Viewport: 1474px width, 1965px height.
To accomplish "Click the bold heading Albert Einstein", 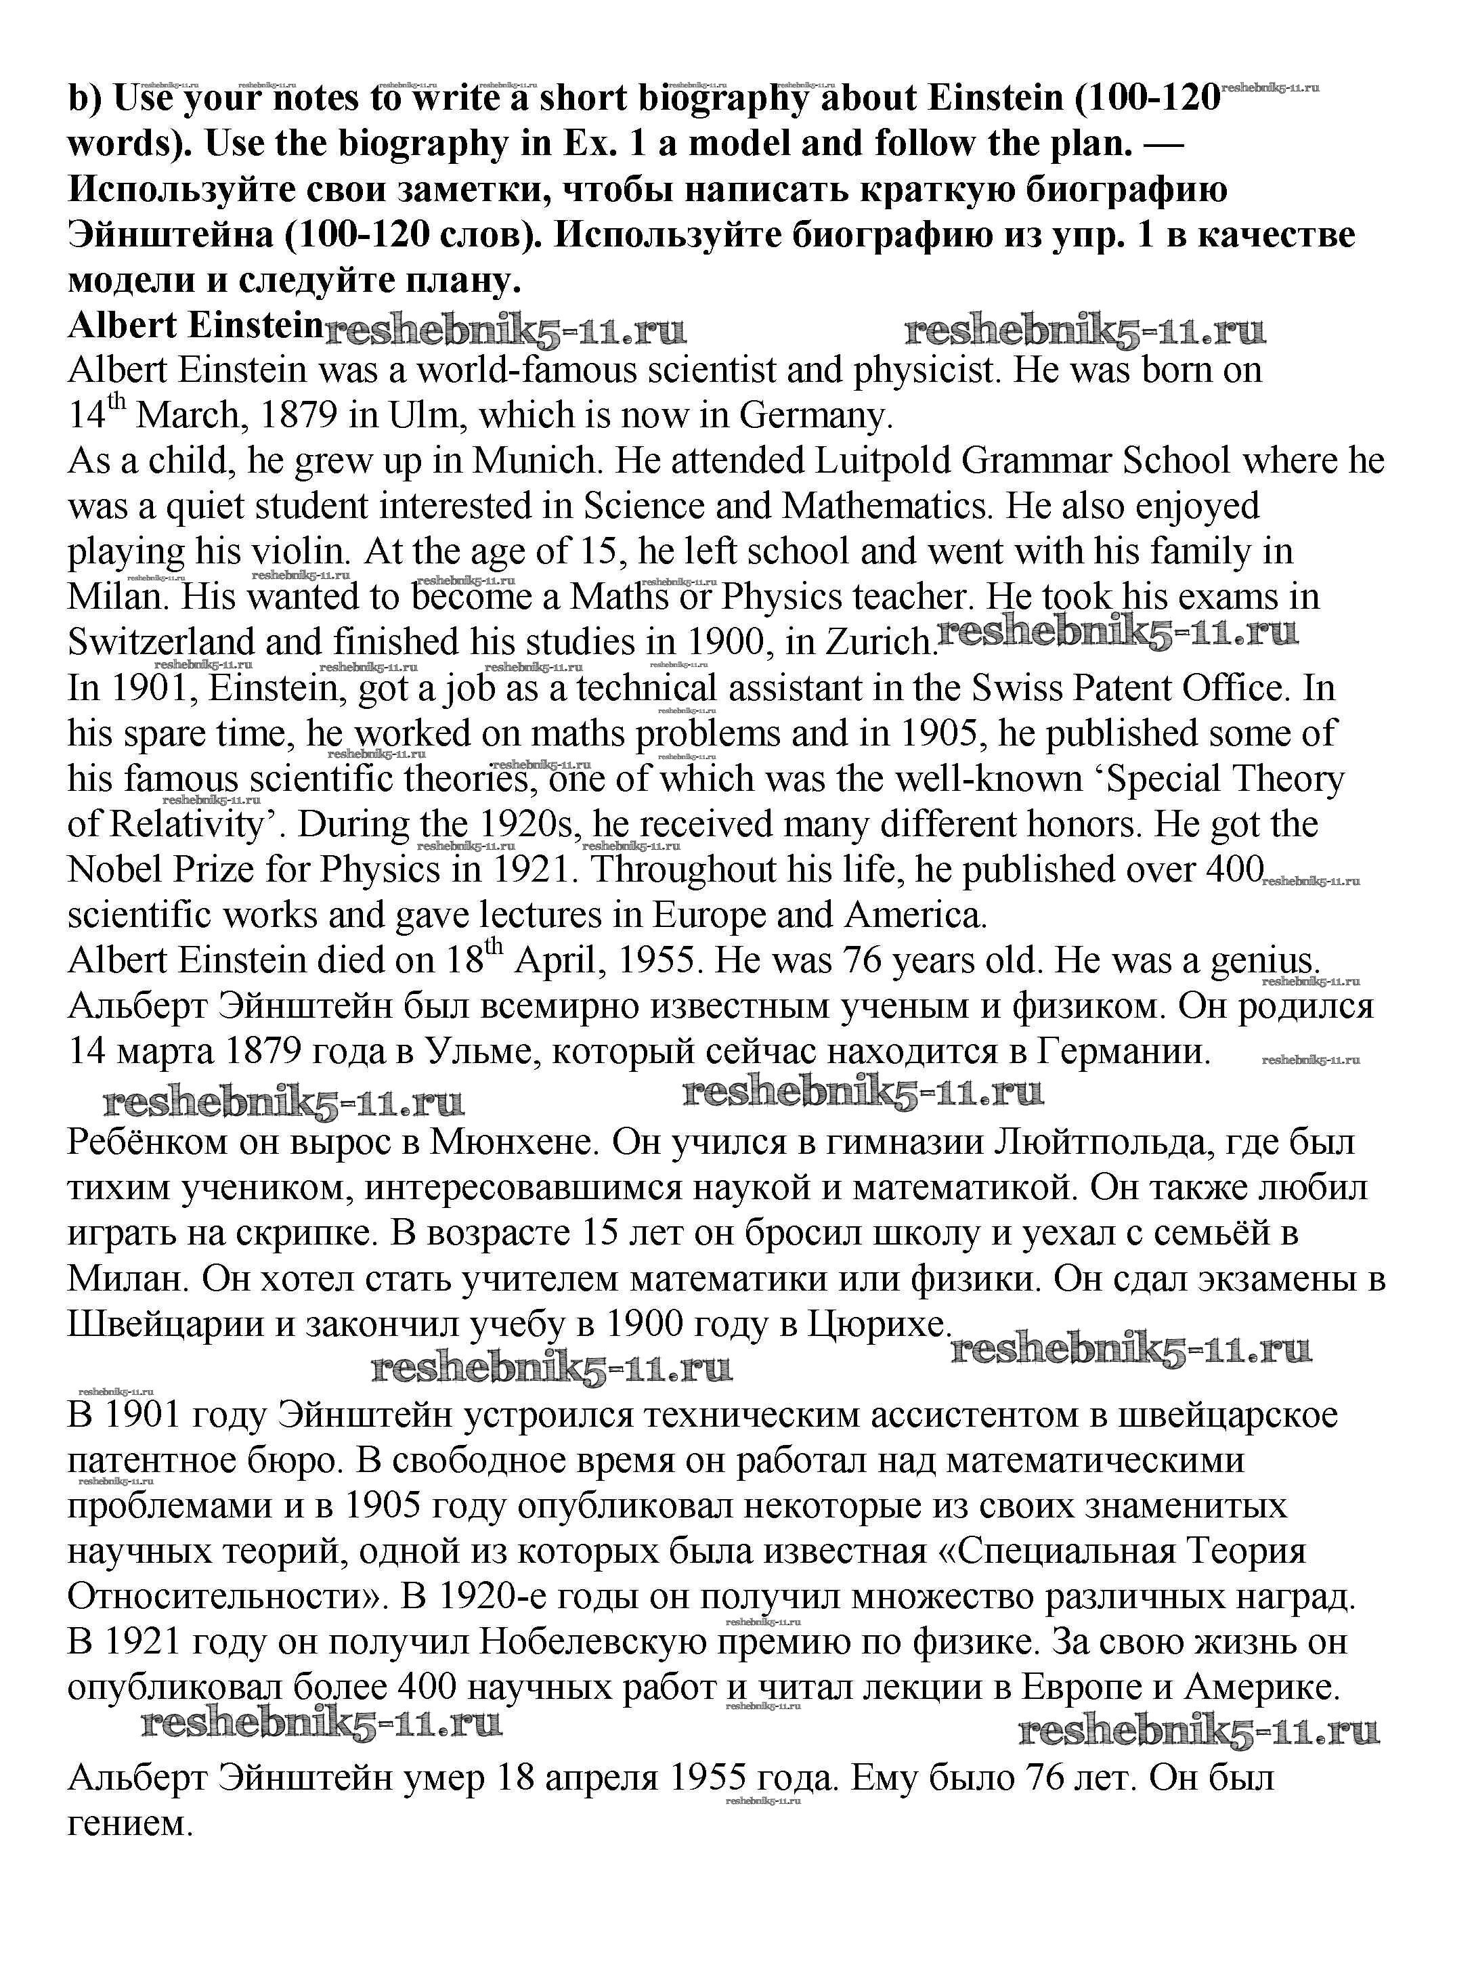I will pyautogui.click(x=194, y=325).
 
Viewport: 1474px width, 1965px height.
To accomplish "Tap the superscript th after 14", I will pyautogui.click(x=117, y=404).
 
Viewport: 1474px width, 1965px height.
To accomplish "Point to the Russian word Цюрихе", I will pyautogui.click(x=877, y=1324).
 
